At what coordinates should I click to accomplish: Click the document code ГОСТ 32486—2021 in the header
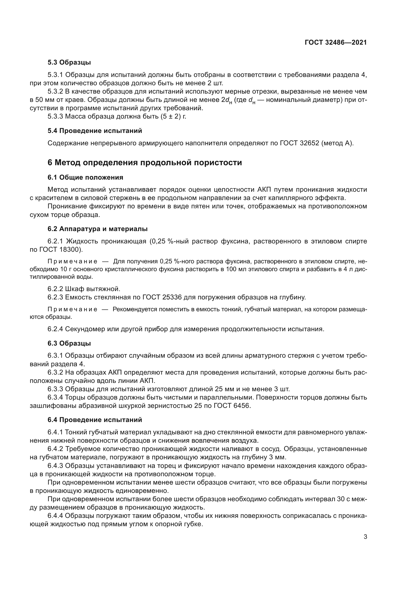tap(336, 43)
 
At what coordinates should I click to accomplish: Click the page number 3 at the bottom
tap(365, 537)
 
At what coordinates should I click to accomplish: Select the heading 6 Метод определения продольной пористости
tap(144, 163)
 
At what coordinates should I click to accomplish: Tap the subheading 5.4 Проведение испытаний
tap(95, 131)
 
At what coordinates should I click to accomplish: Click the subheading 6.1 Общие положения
tap(85, 177)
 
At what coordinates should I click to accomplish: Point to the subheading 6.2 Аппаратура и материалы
tap(97, 229)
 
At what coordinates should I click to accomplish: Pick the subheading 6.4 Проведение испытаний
tap(95, 420)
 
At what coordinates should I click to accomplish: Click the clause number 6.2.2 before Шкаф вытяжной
tap(55, 289)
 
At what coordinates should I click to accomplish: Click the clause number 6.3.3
tap(55, 389)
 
